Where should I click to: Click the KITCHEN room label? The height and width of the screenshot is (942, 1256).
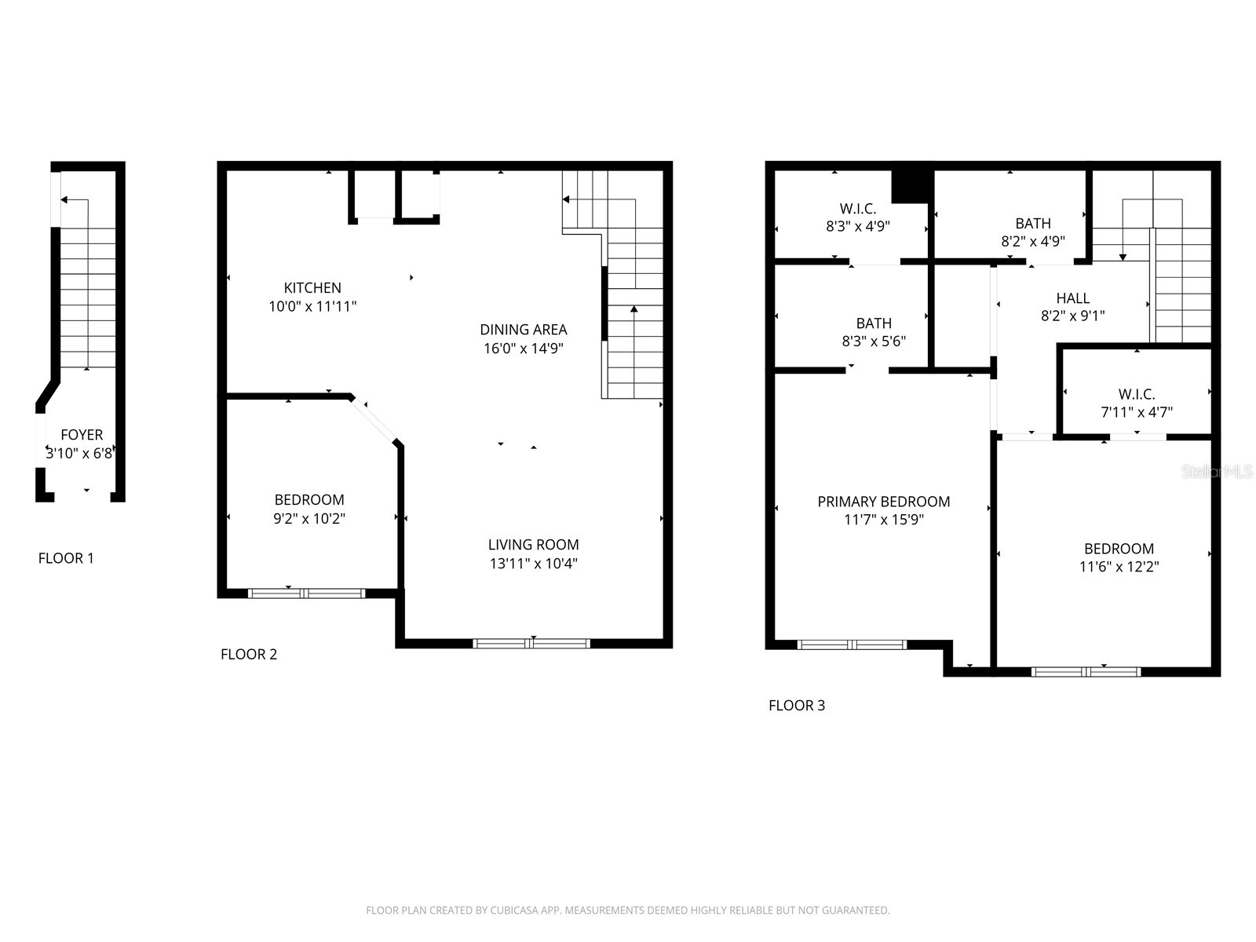pyautogui.click(x=312, y=288)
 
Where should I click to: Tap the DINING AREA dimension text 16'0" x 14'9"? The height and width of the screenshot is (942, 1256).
pyautogui.click(x=524, y=349)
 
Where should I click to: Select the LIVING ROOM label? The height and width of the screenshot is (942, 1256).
pyautogui.click(x=533, y=545)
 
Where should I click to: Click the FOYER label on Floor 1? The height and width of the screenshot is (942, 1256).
pyautogui.click(x=82, y=435)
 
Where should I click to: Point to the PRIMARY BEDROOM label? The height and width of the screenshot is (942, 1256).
pyautogui.click(x=883, y=502)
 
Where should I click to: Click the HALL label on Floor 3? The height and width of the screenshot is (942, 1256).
pyautogui.click(x=1072, y=298)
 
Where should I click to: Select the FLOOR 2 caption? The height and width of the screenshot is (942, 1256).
pyautogui.click(x=249, y=654)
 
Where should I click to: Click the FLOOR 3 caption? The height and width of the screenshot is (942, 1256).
pyautogui.click(x=796, y=705)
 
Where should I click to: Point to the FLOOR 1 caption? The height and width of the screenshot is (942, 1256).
pyautogui.click(x=66, y=558)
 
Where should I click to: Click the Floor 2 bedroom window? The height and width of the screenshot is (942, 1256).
pyautogui.click(x=306, y=593)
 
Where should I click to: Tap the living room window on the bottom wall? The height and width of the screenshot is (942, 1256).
pyautogui.click(x=531, y=644)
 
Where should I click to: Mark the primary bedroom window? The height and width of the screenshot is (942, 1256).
pyautogui.click(x=852, y=645)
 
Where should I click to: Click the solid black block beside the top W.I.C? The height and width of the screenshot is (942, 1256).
pyautogui.click(x=911, y=186)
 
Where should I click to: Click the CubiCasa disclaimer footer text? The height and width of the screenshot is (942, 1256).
pyautogui.click(x=627, y=911)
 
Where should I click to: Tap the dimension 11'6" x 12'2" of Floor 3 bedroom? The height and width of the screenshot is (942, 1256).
pyautogui.click(x=1119, y=567)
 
